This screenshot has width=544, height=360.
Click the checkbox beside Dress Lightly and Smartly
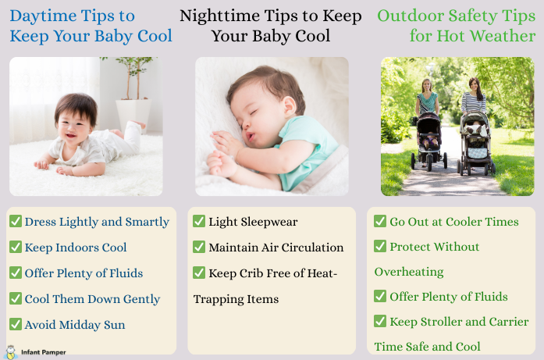click(16, 221)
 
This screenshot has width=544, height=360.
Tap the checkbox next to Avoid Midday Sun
click(16, 324)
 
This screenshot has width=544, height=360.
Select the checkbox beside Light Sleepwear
click(199, 221)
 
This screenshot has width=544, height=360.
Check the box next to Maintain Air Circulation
click(199, 247)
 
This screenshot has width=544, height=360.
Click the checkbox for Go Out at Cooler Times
click(380, 221)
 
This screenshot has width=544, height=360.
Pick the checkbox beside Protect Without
click(380, 246)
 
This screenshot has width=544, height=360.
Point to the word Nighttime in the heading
click(220, 16)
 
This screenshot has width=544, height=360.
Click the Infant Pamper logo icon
click(11, 352)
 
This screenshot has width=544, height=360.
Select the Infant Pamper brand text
click(44, 352)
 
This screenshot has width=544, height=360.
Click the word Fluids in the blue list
click(126, 273)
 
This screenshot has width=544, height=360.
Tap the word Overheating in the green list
click(409, 272)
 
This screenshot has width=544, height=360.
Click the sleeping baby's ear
click(290, 106)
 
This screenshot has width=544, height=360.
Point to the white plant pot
click(133, 116)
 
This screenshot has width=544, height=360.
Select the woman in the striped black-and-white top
click(474, 95)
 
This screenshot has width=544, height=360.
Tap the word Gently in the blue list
click(141, 299)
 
